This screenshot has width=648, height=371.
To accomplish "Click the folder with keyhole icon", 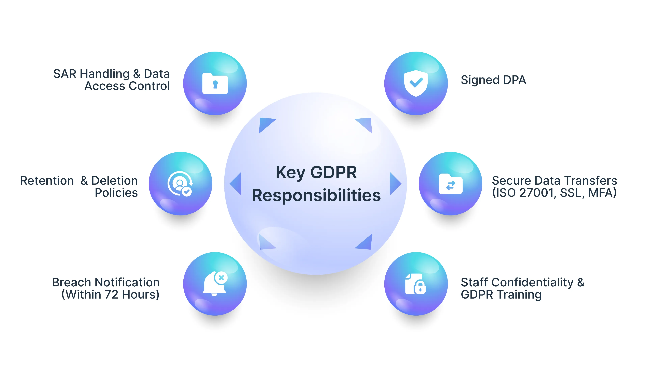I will (x=215, y=84).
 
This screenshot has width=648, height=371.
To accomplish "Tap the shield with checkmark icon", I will (x=416, y=83).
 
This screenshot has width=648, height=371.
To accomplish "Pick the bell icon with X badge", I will (x=215, y=284).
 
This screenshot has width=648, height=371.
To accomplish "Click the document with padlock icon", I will (x=415, y=284).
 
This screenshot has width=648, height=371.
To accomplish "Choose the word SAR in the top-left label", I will (x=65, y=74).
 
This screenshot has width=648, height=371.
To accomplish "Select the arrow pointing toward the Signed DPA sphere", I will (x=366, y=124).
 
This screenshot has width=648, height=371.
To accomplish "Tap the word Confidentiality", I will (x=532, y=282).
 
